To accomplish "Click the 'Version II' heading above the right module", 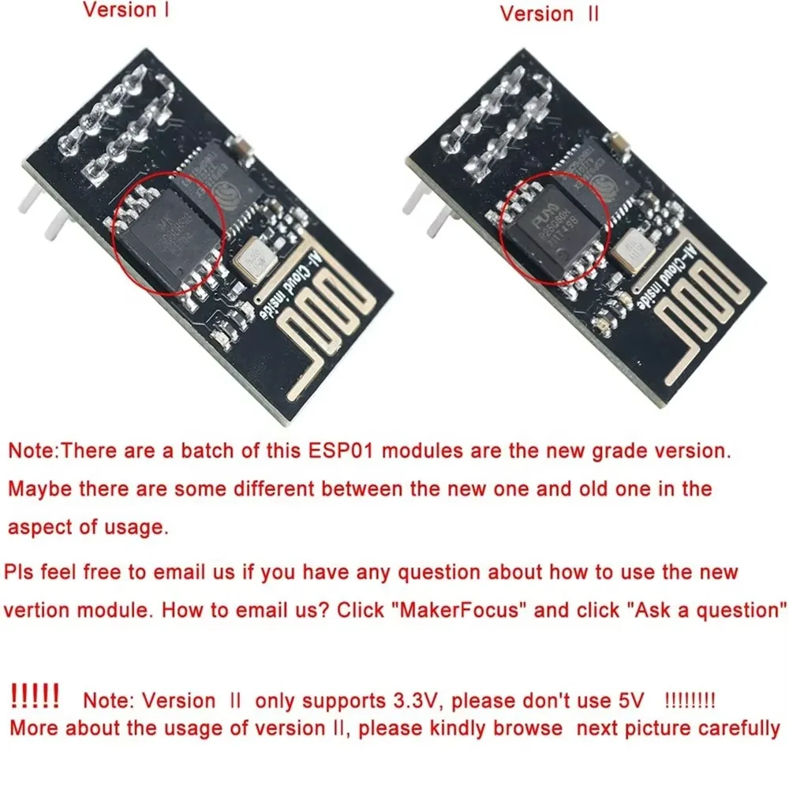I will coord(548,14).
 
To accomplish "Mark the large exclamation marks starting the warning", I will coord(35,697).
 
